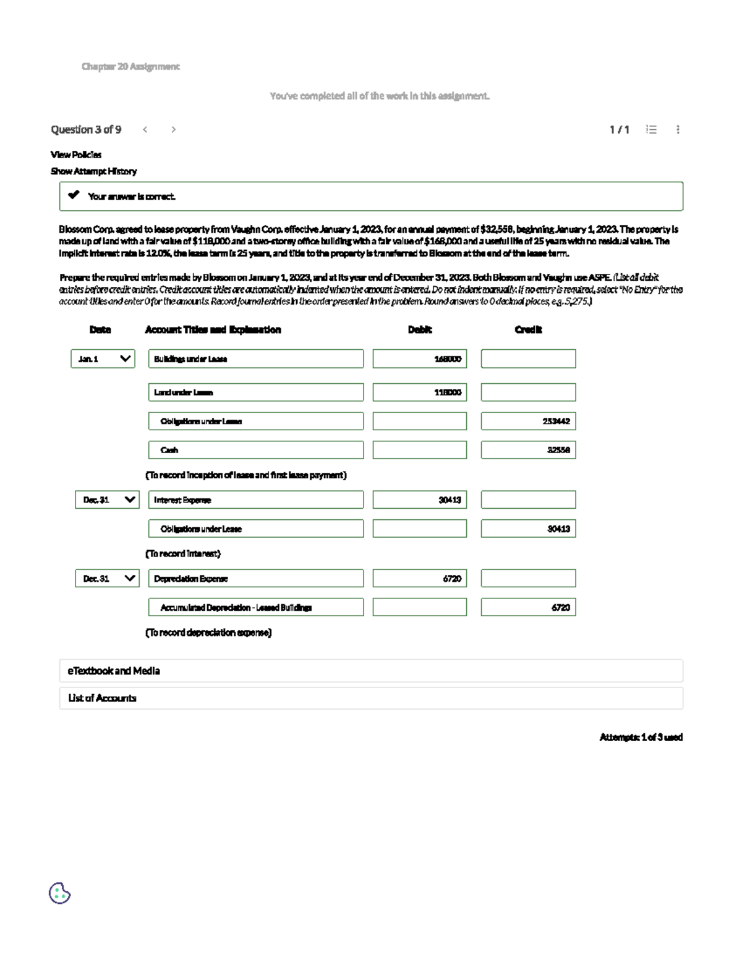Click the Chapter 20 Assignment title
coord(130,66)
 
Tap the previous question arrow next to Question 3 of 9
coord(145,129)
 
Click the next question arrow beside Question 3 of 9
coord(173,129)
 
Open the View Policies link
coord(76,155)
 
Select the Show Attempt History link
coord(93,171)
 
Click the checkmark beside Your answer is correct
coord(74,195)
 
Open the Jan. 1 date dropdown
coord(103,359)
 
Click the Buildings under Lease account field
coord(255,359)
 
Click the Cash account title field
coord(255,450)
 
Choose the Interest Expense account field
coord(255,499)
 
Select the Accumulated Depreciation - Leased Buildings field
coord(255,607)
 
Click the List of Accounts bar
coord(371,698)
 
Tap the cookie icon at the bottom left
coord(59,893)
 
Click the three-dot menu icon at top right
coord(678,129)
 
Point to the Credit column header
coord(528,329)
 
